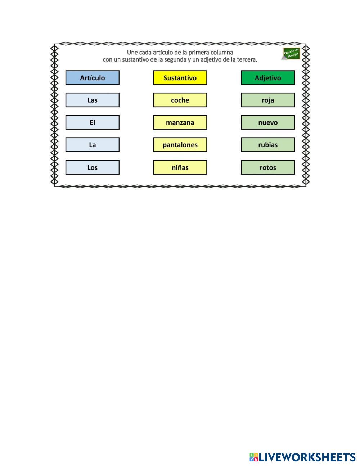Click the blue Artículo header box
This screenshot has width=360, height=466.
coord(92,78)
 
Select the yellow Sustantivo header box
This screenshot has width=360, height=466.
coord(180,78)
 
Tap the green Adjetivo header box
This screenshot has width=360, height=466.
coord(268,78)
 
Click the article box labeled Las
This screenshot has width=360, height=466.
coord(92,100)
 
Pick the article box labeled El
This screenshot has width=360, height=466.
coord(92,122)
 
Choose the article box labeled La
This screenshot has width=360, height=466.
coord(92,145)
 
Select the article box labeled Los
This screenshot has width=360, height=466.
coord(92,167)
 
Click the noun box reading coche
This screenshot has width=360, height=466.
coord(180,100)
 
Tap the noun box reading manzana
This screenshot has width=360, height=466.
coord(180,122)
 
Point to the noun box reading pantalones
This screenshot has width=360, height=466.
coord(180,145)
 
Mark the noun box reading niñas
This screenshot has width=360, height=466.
coord(180,167)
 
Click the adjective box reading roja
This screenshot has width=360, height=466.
coord(268,100)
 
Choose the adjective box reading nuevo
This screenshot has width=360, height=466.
coord(268,122)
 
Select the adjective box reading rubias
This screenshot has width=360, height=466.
coord(268,145)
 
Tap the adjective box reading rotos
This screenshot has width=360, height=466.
coord(268,167)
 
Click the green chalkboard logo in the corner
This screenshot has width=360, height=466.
coord(291,53)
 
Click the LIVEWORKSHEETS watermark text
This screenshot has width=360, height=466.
coord(307,457)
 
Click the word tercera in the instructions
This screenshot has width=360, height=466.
coord(246,59)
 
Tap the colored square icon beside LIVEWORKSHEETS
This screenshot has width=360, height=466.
coord(254,457)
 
